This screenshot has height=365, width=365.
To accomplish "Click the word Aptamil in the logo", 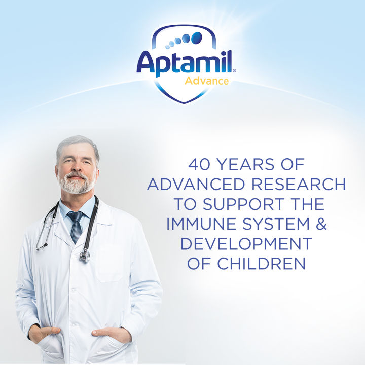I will pos(184,63).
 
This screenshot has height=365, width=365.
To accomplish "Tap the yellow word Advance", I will pos(206,81).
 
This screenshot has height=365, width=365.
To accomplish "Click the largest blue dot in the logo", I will pos(196,37).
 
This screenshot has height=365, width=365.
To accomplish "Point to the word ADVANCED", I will pos(198,184).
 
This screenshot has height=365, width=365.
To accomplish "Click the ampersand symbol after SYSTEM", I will pos(321,224).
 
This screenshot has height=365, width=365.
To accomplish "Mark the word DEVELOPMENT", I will pos(246,243).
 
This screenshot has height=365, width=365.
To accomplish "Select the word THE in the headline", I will pos(306,204).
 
